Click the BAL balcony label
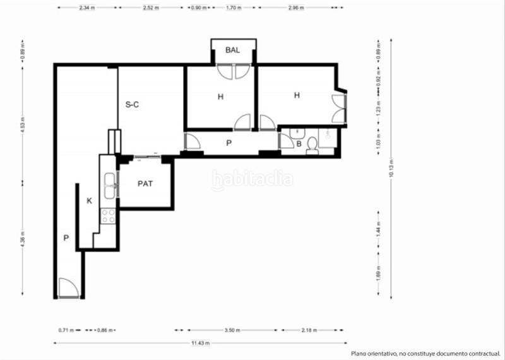point(232,51)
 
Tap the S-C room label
point(132,105)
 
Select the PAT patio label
point(146,185)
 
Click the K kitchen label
point(89,201)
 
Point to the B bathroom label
point(299,144)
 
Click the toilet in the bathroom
point(311,147)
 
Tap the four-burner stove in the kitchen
point(108,216)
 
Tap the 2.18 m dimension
point(309,330)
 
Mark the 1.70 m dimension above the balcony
point(232,8)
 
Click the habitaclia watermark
point(252,180)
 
